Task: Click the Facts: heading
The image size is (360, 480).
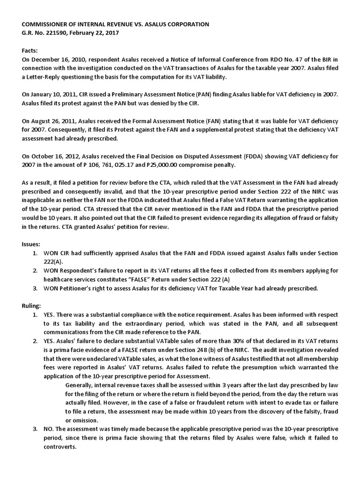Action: click(x=30, y=51)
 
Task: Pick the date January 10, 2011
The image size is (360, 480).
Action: click(x=53, y=95)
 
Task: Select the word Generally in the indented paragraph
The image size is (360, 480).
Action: click(x=82, y=385)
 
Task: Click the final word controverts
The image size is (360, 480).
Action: click(x=60, y=447)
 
